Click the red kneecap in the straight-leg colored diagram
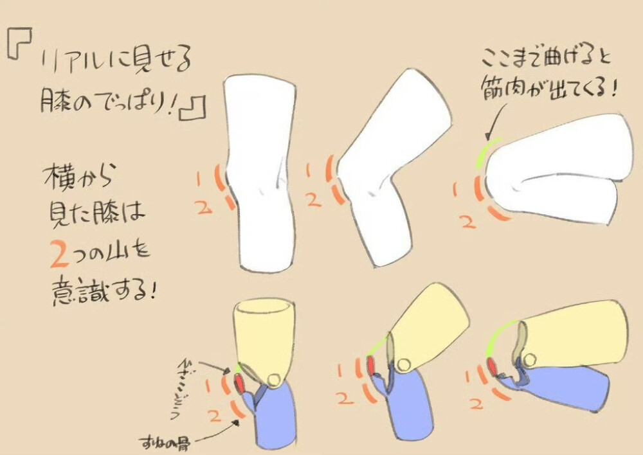click(x=239, y=383)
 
